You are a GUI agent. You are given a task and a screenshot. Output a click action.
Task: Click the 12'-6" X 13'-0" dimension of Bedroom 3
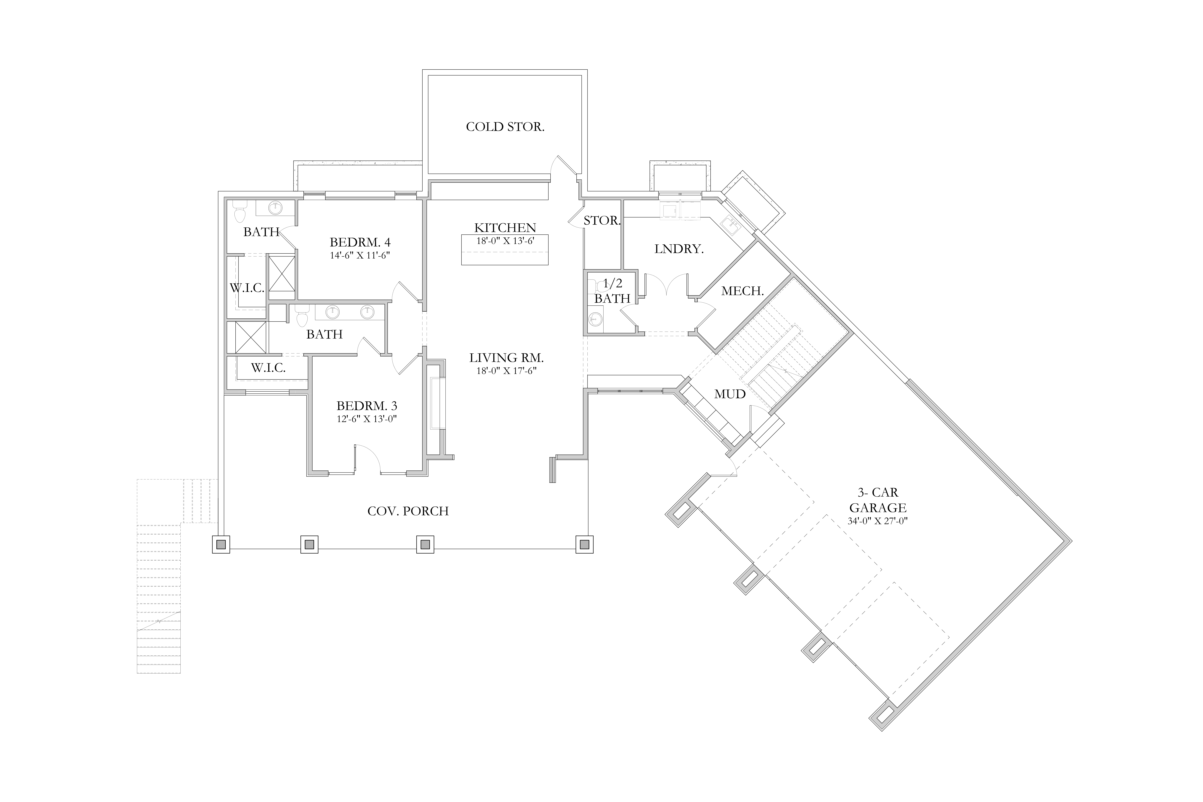pyautogui.click(x=367, y=419)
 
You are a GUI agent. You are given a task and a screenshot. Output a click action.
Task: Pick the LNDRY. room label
pyautogui.click(x=679, y=249)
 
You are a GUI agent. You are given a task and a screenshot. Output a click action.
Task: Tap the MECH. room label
pyautogui.click(x=743, y=291)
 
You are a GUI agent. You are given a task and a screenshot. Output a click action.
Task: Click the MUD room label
pyautogui.click(x=730, y=394)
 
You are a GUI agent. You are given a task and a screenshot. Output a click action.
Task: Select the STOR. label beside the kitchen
pyautogui.click(x=602, y=220)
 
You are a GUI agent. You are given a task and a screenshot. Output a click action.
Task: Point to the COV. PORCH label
pyautogui.click(x=408, y=511)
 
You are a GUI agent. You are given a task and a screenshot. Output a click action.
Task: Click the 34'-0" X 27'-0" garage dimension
pyautogui.click(x=878, y=522)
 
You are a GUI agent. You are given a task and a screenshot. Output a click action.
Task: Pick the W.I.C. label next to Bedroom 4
pyautogui.click(x=247, y=288)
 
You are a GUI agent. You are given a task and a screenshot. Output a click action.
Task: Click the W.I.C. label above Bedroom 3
pyautogui.click(x=268, y=368)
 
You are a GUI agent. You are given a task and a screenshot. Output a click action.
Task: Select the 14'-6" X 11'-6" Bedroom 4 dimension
pyautogui.click(x=360, y=255)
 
